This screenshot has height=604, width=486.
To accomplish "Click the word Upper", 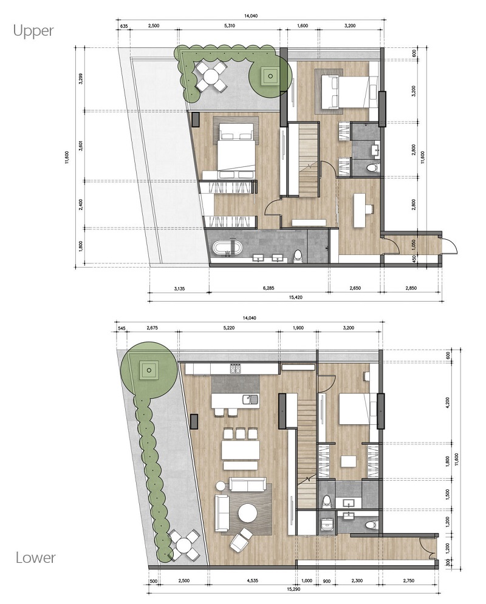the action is [x=33, y=31].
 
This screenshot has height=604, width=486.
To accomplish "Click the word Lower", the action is [x=35, y=557].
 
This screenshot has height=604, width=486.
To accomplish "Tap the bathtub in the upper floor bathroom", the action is [x=227, y=248].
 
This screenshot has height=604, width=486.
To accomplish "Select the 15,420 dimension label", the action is [x=295, y=297].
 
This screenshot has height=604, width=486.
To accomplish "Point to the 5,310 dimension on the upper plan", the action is [x=229, y=26].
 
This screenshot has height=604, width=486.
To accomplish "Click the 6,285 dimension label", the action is [x=269, y=288].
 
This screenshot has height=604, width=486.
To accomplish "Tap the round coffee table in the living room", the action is [x=247, y=513].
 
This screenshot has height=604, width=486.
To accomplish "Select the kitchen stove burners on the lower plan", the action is [x=235, y=368].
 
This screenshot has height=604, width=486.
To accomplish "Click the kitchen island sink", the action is [x=250, y=399].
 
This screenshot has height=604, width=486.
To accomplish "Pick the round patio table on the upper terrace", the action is [x=210, y=76].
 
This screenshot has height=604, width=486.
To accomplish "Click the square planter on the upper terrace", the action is [x=270, y=76].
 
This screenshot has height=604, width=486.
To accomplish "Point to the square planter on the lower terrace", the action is [x=149, y=371].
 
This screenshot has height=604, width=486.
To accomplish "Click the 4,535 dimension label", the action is [x=252, y=580].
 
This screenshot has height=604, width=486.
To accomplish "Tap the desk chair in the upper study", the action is [x=369, y=209].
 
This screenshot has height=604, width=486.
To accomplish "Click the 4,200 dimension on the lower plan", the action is [x=447, y=402].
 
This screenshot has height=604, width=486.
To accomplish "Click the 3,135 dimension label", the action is [x=179, y=288].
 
